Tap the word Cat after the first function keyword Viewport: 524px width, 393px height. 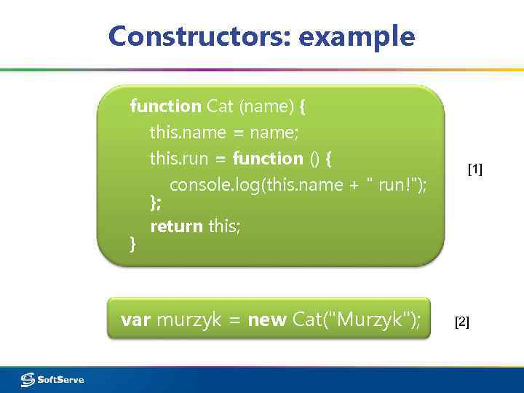click(219, 106)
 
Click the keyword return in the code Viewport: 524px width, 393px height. click(176, 226)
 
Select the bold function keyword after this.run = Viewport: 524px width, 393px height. click(268, 159)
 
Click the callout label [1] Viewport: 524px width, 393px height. click(475, 170)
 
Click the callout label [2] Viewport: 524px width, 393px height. click(462, 322)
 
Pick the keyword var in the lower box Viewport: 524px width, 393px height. click(136, 319)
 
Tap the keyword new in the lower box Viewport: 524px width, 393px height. click(266, 319)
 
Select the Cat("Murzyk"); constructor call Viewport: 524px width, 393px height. click(356, 319)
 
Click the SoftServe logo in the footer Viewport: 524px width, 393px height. click(52, 379)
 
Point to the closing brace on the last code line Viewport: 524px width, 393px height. click(132, 245)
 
